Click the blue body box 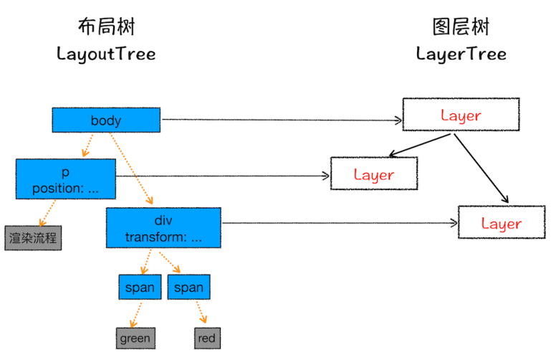106,120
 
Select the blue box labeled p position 65,179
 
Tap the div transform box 163,227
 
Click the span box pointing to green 140,288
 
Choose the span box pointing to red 188,288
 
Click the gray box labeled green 135,338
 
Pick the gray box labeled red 206,338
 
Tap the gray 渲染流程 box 33,237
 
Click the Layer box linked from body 461,115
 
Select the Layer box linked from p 373,174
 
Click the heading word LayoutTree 106,55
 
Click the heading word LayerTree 461,55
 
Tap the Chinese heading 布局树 106,27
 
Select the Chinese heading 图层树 461,27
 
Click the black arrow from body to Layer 279,120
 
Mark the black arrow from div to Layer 337,223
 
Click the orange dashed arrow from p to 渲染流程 48,212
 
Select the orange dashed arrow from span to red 201,313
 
